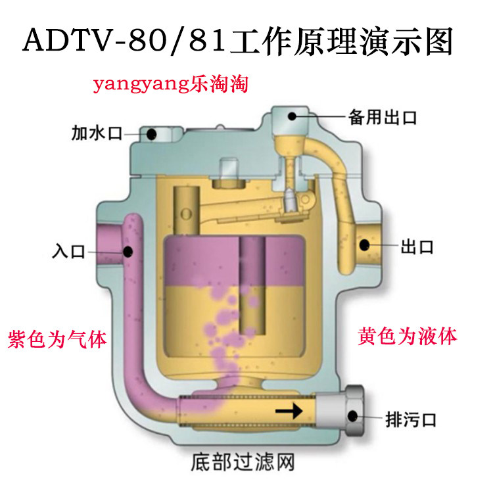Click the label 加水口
pyautogui.click(x=97, y=134)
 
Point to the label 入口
pyautogui.click(x=69, y=250)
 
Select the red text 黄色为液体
pyautogui.click(x=408, y=337)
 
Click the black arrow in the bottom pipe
pyautogui.click(x=289, y=412)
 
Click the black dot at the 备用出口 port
pyautogui.click(x=292, y=116)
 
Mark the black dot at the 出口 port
pyautogui.click(x=362, y=246)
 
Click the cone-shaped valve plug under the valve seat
pyautogui.click(x=289, y=199)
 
